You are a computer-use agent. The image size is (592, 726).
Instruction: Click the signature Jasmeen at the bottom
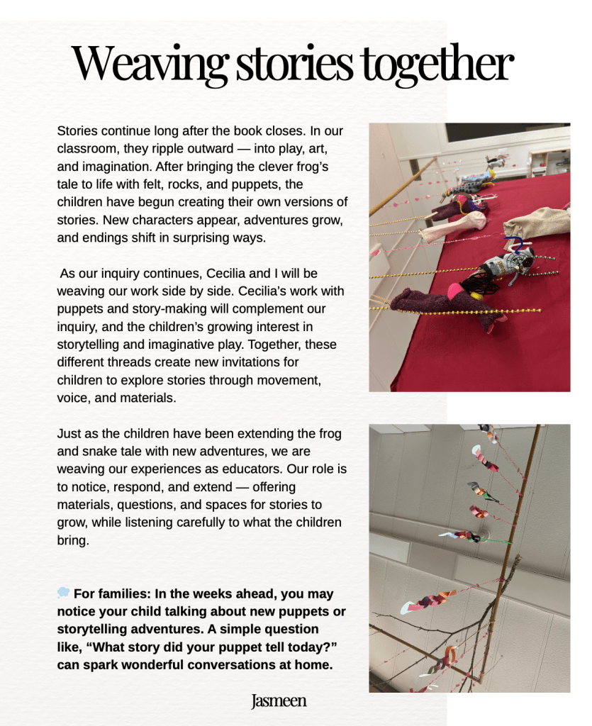pos(279,701)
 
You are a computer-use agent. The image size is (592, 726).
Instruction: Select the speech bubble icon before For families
pos(63,593)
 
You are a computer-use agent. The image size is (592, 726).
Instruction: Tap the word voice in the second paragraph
pos(72,398)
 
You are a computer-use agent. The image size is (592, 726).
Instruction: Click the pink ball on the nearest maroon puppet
pos(455,291)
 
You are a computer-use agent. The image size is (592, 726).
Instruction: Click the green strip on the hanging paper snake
pos(498,542)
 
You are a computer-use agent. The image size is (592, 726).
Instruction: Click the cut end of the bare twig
pos(518,557)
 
